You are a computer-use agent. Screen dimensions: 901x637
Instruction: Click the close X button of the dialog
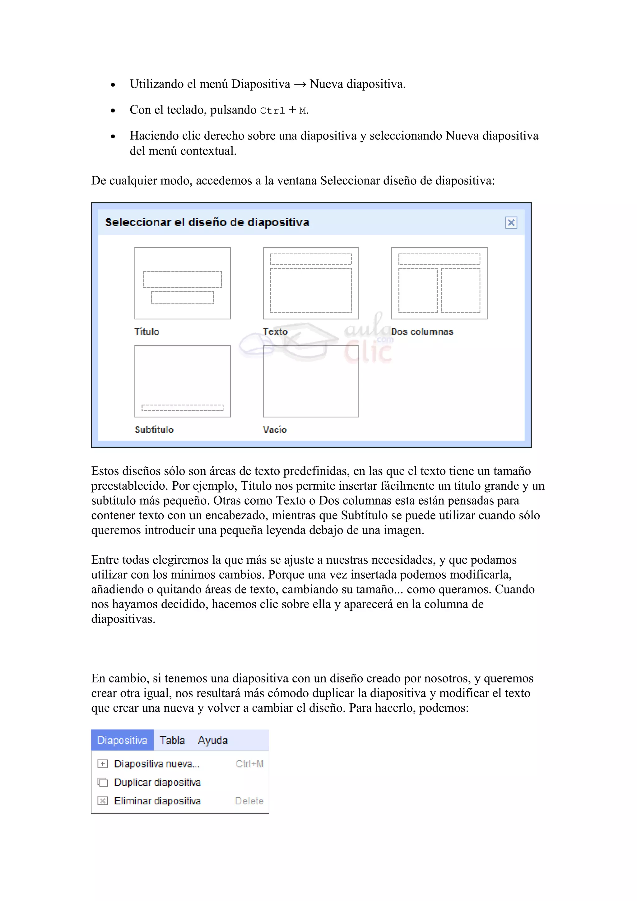[x=511, y=223]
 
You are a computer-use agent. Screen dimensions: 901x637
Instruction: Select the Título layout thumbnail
[x=182, y=283]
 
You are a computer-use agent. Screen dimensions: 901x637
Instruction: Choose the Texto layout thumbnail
[x=310, y=283]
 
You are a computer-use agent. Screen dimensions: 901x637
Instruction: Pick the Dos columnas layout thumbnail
[x=439, y=283]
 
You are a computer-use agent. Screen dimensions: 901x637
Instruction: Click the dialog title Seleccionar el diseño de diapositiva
[x=207, y=223]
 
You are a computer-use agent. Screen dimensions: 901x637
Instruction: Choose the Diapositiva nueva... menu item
[x=156, y=764]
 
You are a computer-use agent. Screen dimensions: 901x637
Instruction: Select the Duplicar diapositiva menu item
[x=157, y=782]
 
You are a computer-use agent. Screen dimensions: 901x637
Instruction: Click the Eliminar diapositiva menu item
[x=157, y=801]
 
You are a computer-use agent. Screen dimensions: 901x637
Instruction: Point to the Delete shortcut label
[x=249, y=801]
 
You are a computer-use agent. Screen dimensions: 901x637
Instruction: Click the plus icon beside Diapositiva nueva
[x=102, y=764]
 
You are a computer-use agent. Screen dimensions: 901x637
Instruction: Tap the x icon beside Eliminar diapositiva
[x=102, y=801]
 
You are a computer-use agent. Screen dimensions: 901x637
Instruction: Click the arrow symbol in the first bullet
[x=300, y=84]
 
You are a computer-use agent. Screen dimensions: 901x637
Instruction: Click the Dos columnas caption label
[x=422, y=332]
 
